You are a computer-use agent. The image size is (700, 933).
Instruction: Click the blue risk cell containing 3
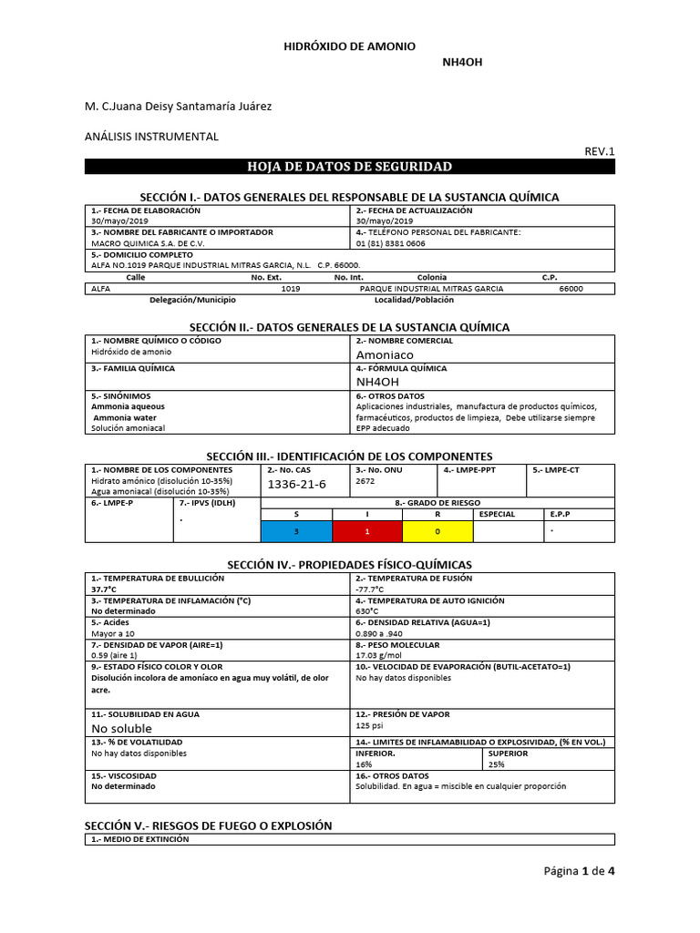pyautogui.click(x=296, y=530)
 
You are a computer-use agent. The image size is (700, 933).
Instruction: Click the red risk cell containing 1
pyautogui.click(x=367, y=530)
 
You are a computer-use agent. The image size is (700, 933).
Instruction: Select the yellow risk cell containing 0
pyautogui.click(x=437, y=530)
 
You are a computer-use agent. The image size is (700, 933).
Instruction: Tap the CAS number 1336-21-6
pyautogui.click(x=296, y=483)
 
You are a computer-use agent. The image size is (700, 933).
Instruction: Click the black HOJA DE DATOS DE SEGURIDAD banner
pyautogui.click(x=349, y=167)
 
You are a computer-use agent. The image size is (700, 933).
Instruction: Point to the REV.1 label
pyautogui.click(x=600, y=151)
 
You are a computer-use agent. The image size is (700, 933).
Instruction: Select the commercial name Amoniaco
pyautogui.click(x=385, y=354)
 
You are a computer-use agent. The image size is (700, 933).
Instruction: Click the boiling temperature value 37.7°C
pyautogui.click(x=105, y=590)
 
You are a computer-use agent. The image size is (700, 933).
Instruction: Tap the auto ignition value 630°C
pyautogui.click(x=367, y=611)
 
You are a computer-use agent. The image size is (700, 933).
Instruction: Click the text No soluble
pyautogui.click(x=122, y=729)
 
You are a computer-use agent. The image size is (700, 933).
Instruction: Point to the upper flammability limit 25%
pyautogui.click(x=496, y=764)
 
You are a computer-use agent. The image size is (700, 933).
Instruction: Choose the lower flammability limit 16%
pyautogui.click(x=364, y=764)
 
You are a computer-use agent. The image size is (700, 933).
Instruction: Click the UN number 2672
pyautogui.click(x=365, y=480)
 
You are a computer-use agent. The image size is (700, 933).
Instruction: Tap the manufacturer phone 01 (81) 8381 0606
pyautogui.click(x=390, y=243)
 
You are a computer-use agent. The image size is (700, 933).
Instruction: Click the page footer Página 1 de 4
pyautogui.click(x=579, y=871)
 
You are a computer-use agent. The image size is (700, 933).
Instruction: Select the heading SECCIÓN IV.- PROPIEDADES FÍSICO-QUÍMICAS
pyautogui.click(x=349, y=565)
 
